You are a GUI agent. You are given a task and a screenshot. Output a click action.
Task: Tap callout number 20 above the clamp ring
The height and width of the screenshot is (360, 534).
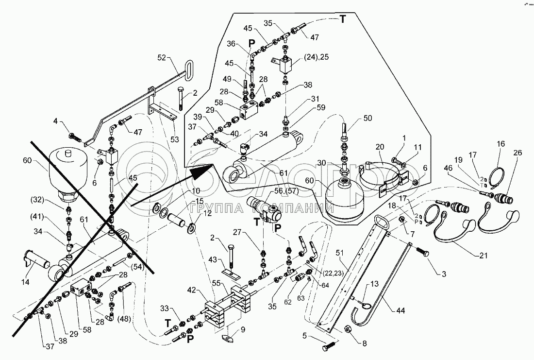380,146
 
